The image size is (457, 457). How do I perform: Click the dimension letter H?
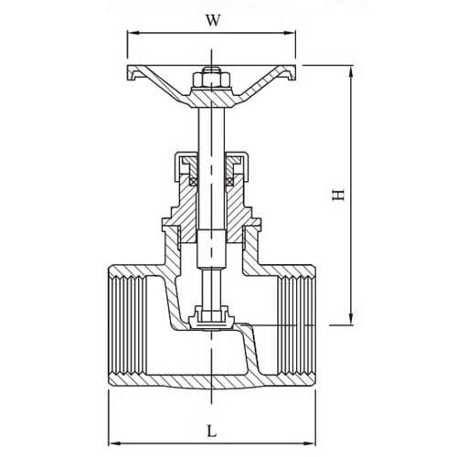[337, 194]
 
